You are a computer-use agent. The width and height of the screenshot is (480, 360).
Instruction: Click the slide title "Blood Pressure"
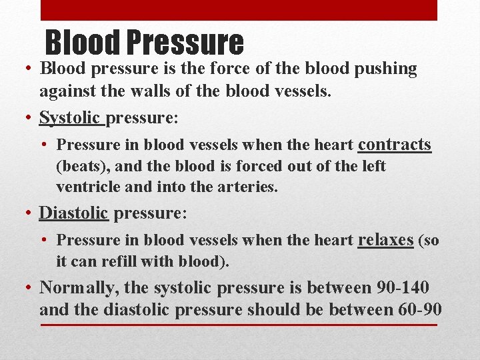pos(144,42)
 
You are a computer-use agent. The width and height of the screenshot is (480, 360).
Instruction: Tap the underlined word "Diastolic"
pos(73,213)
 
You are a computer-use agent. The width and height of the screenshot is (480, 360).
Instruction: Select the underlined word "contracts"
pos(395,145)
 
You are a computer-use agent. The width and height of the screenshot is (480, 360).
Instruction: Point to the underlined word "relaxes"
pos(385,240)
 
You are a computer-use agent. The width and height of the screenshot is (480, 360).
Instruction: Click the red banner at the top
pos(239,10)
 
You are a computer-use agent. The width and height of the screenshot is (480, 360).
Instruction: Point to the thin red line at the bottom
pos(239,325)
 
